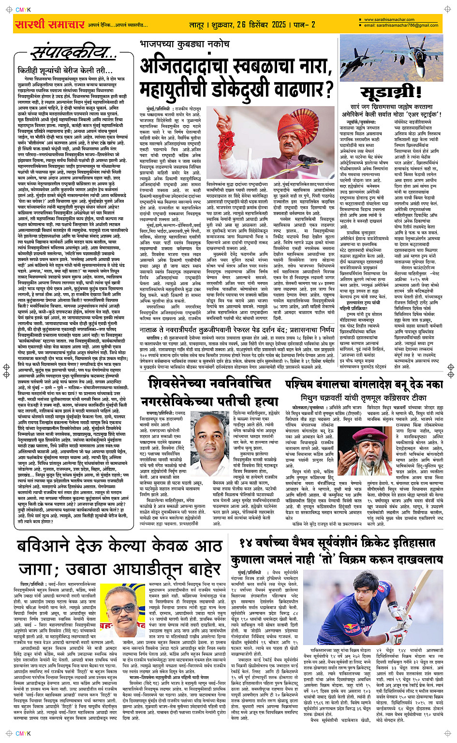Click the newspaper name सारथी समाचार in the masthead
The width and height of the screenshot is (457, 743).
[x=50, y=24]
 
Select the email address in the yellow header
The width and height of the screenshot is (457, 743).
[x=401, y=25]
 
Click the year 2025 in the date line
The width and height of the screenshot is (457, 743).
[x=279, y=25]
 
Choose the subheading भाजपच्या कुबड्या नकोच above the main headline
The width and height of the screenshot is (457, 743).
[x=184, y=44]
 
